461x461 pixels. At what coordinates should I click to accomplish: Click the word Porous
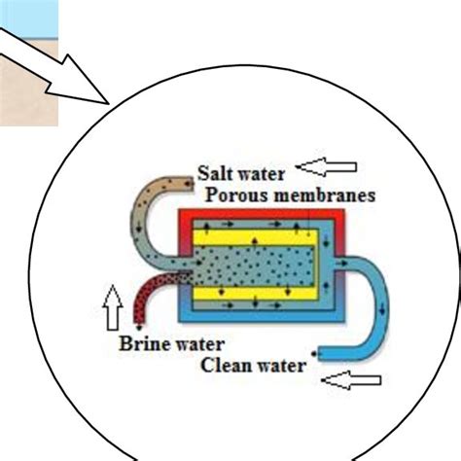tap(233, 195)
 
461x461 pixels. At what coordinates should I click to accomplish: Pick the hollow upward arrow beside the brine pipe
tap(112, 310)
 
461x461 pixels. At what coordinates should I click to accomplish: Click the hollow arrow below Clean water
tap(351, 382)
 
